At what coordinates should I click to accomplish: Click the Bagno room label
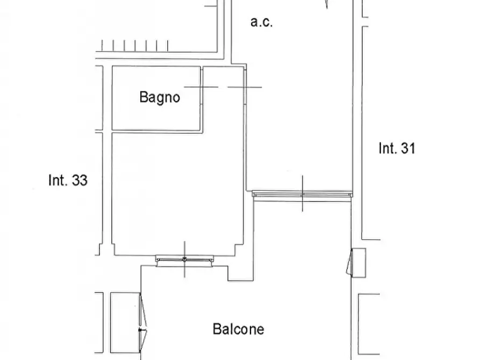tap(159, 97)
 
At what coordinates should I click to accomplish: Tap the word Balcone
tap(238, 328)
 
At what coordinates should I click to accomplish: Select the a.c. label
tap(262, 23)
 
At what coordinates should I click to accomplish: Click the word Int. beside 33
tap(58, 181)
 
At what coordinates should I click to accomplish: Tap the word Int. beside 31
tap(387, 148)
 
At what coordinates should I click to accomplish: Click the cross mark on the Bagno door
tap(201, 87)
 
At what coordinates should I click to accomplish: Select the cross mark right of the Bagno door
tap(245, 87)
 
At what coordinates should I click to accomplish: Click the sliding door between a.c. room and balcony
tap(302, 193)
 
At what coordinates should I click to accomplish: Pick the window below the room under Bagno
tap(184, 260)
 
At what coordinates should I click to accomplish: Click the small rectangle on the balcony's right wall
tap(359, 263)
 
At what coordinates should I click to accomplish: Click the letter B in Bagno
tap(144, 97)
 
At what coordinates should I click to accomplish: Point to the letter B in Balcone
tap(217, 328)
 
